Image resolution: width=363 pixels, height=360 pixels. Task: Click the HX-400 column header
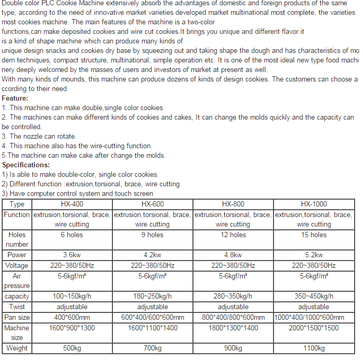click(72, 204)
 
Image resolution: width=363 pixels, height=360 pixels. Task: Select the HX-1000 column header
click(314, 204)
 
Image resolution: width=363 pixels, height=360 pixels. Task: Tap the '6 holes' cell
click(72, 235)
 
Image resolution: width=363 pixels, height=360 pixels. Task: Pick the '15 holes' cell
click(314, 235)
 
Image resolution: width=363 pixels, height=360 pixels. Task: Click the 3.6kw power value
click(72, 255)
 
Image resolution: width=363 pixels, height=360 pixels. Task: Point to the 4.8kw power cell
click(233, 255)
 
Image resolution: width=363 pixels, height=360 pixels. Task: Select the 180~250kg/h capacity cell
click(153, 296)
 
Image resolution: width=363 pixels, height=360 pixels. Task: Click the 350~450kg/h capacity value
click(314, 296)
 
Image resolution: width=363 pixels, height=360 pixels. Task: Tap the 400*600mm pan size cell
click(72, 317)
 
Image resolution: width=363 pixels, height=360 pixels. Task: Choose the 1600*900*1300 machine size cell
click(72, 328)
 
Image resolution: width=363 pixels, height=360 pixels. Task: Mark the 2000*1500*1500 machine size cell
click(314, 328)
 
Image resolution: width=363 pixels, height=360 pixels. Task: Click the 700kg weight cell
click(153, 348)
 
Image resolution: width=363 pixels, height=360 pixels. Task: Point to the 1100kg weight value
click(314, 348)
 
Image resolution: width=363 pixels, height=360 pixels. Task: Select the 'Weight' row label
click(17, 348)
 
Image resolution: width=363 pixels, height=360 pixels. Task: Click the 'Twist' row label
click(17, 307)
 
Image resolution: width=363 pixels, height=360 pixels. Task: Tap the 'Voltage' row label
click(17, 265)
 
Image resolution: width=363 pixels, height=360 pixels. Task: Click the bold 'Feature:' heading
click(15, 98)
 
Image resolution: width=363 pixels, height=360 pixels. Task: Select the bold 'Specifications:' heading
click(26, 165)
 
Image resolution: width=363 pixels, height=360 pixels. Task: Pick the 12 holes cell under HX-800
click(233, 235)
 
